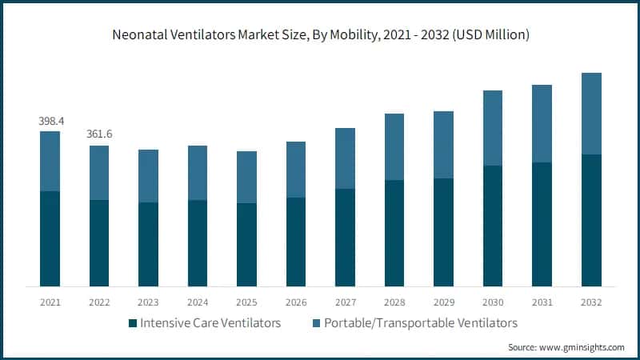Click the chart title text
320,34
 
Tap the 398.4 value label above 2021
50,120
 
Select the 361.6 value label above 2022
99,134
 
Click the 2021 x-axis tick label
50,302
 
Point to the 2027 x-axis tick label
345,302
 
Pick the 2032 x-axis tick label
591,302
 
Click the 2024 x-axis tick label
197,302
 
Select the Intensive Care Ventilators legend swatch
131,324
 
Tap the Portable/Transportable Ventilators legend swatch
314,324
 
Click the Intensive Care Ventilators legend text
211,323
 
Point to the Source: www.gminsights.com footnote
566,347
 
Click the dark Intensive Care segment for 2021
50,238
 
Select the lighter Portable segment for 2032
591,114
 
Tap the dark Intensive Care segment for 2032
591,220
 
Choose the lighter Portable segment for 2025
246,177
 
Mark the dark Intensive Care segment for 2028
394,233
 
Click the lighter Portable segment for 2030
493,128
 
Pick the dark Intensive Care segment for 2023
148,244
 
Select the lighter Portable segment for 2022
99,173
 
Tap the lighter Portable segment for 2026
296,170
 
